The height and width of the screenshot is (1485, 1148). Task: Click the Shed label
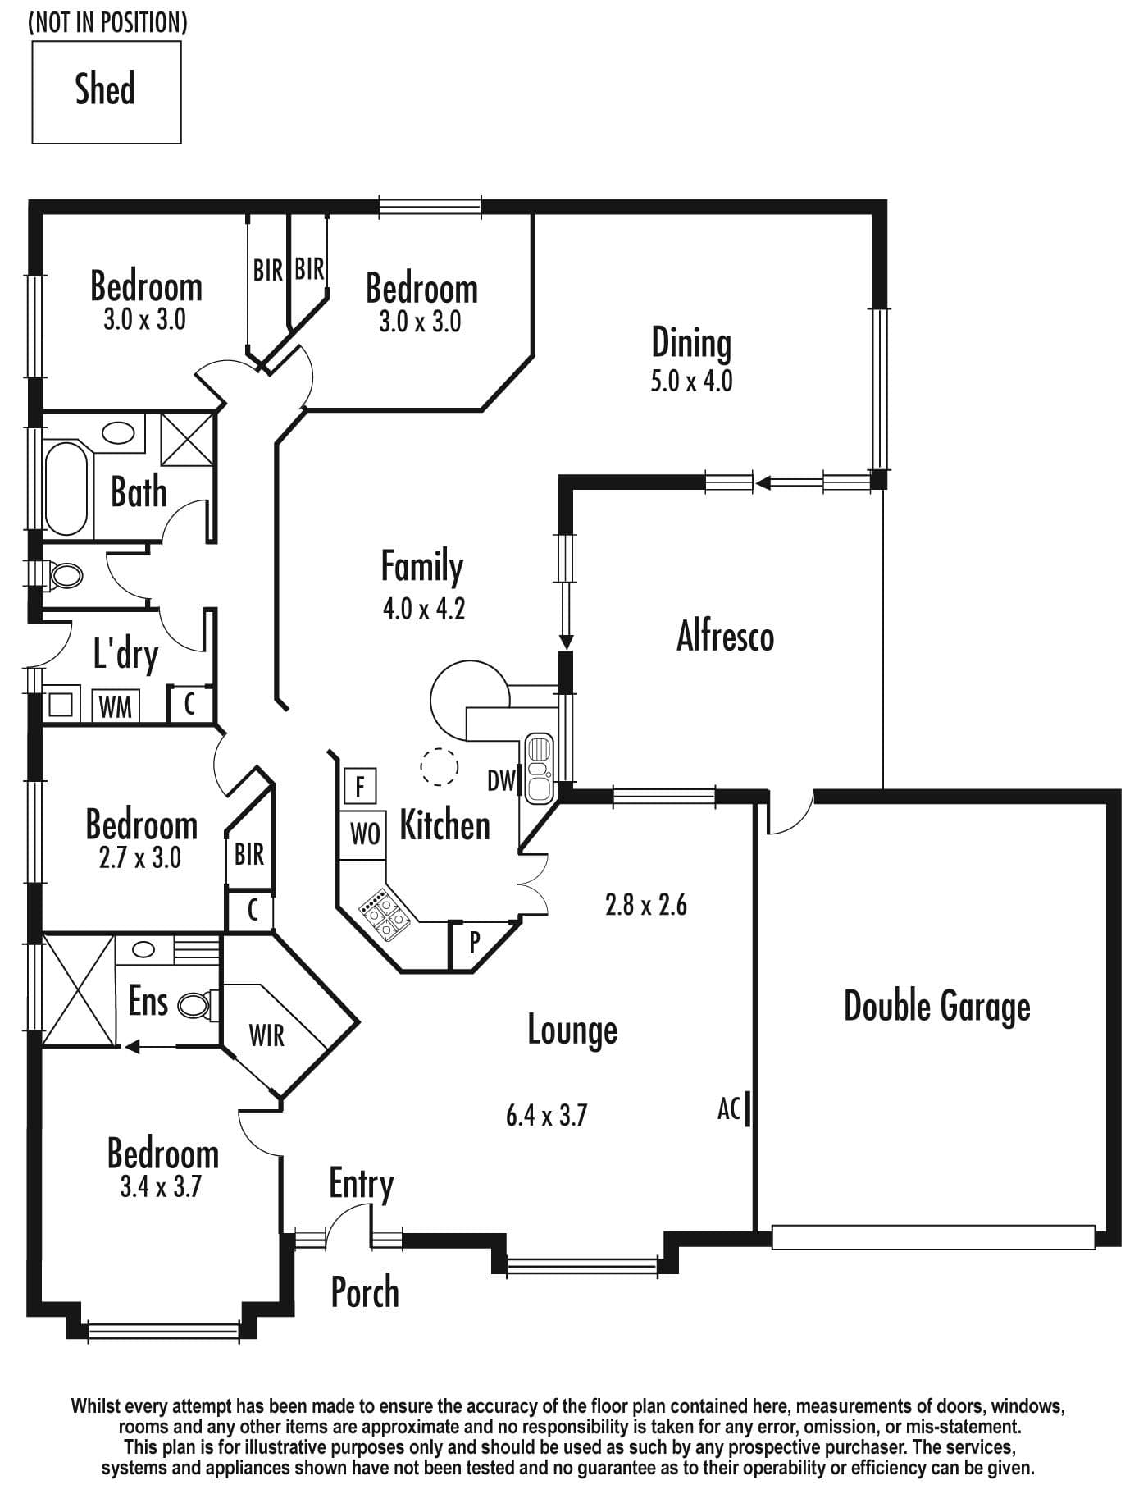click(x=105, y=89)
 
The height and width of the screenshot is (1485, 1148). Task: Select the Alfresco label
click(x=725, y=637)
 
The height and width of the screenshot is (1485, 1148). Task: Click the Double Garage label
click(x=937, y=1008)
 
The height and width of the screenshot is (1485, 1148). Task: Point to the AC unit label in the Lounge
click(x=729, y=1109)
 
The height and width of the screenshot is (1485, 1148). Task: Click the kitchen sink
click(x=539, y=768)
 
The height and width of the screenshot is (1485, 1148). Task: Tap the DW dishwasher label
click(x=501, y=781)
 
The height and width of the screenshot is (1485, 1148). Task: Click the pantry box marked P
click(x=475, y=944)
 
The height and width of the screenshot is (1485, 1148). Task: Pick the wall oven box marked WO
click(x=364, y=834)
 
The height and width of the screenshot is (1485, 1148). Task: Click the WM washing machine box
click(x=115, y=706)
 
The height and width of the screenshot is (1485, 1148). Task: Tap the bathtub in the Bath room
click(x=66, y=489)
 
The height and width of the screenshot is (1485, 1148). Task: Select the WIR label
click(x=266, y=1036)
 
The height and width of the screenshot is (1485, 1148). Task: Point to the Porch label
click(x=365, y=1292)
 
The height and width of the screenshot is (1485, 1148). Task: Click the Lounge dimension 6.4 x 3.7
click(x=547, y=1116)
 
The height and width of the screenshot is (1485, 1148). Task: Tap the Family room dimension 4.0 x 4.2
click(x=424, y=609)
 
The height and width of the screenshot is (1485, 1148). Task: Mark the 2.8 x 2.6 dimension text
click(x=646, y=905)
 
